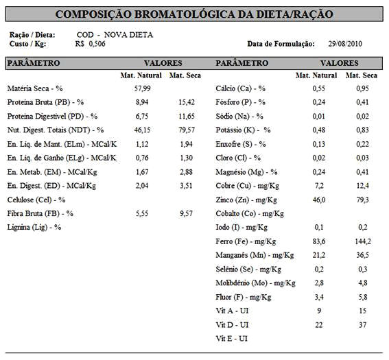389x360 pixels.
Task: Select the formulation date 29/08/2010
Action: point(345,44)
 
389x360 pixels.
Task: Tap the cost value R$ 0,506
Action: point(91,44)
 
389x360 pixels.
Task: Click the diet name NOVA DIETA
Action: point(128,35)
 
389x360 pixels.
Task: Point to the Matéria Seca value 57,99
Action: point(143,88)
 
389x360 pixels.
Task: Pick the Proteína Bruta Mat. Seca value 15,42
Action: point(187,102)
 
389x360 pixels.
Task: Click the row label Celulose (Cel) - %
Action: point(36,200)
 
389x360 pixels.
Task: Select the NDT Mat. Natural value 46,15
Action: point(143,130)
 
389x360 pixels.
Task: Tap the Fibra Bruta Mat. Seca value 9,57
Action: point(187,213)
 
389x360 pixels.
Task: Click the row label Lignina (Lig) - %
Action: point(34,228)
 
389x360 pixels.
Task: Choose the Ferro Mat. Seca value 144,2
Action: point(363,241)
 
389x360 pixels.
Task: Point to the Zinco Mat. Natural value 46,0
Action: point(319,200)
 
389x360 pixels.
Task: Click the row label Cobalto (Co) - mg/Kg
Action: point(250,214)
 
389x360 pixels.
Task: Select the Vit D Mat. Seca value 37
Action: point(363,325)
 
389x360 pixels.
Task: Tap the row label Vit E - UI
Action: point(232,339)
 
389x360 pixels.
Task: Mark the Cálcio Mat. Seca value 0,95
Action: point(362,88)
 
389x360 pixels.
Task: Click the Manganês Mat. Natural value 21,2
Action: point(319,255)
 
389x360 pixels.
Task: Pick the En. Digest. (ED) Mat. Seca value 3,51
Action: point(187,186)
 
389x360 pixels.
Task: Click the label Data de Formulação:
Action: point(281,44)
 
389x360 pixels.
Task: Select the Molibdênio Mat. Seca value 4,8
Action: point(363,283)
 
